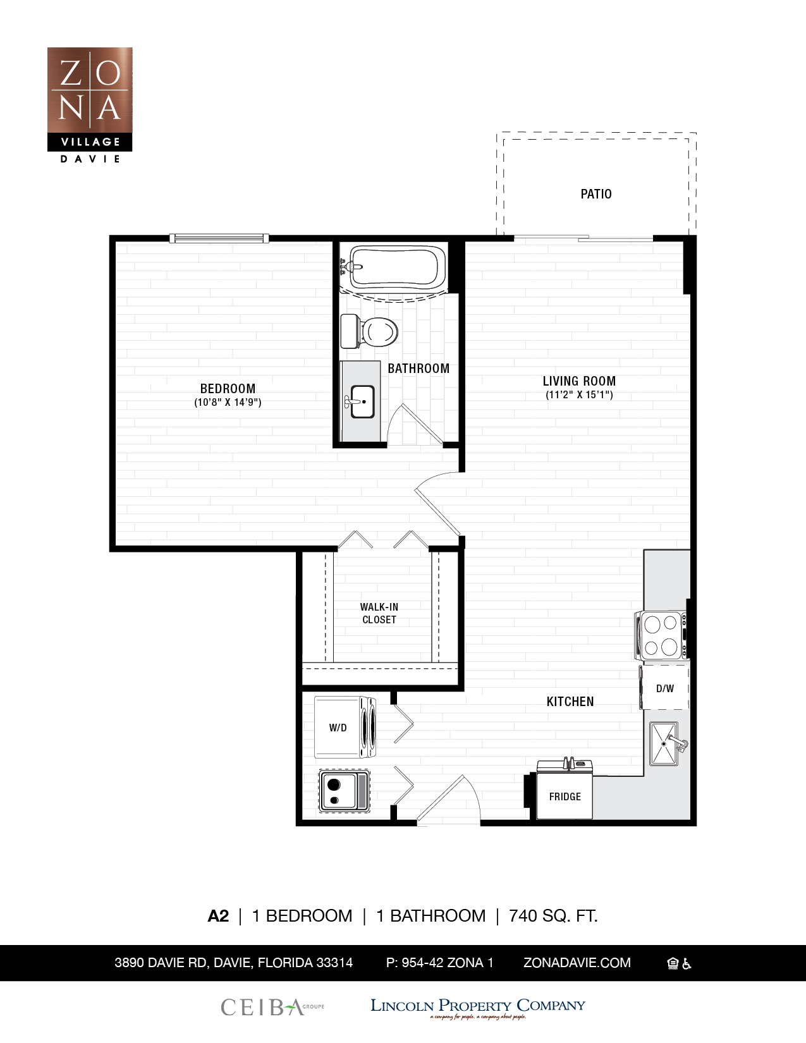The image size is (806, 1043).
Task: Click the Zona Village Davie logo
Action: (90, 104)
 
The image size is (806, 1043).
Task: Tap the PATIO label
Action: (595, 194)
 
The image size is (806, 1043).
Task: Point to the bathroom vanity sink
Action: (362, 402)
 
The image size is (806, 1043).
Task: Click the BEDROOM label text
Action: (228, 389)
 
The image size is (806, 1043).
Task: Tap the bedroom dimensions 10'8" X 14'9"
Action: (228, 403)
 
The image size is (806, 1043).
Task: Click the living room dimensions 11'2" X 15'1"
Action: (579, 395)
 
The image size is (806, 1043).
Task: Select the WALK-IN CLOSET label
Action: (379, 613)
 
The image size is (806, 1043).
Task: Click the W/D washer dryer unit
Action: (345, 728)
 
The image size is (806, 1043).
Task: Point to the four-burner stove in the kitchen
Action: (661, 635)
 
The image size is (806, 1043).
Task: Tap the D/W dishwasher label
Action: (664, 688)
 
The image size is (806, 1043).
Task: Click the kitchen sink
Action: (664, 743)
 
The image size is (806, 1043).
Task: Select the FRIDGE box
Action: (565, 796)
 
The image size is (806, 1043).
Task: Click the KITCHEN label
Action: (570, 702)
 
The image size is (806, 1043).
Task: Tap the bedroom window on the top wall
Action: (219, 238)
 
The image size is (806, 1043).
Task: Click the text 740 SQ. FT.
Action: (553, 915)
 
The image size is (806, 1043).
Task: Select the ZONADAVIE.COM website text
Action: (577, 963)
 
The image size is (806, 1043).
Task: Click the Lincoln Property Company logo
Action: (477, 1006)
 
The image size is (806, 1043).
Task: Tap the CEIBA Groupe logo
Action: (272, 1006)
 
